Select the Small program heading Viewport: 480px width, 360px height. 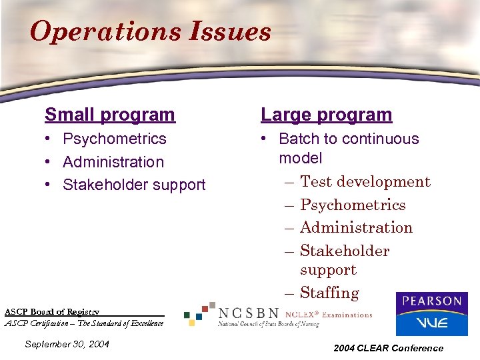[110, 115]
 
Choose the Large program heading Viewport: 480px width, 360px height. [327, 115]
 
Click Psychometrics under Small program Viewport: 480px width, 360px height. [114, 139]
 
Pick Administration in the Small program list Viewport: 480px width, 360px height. [113, 162]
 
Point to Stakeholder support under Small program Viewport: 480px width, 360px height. [134, 185]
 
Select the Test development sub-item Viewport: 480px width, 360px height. [365, 181]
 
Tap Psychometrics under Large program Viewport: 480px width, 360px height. [353, 205]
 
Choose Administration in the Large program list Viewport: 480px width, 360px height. [356, 227]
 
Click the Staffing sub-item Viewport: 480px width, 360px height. [329, 293]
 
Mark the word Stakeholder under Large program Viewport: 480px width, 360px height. [345, 251]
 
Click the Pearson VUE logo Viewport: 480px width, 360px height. [431, 314]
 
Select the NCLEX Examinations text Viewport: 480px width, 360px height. [329, 315]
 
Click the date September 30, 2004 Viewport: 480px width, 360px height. [66, 345]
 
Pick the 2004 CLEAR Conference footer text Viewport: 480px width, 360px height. [389, 347]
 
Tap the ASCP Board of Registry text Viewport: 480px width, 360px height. [52, 312]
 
